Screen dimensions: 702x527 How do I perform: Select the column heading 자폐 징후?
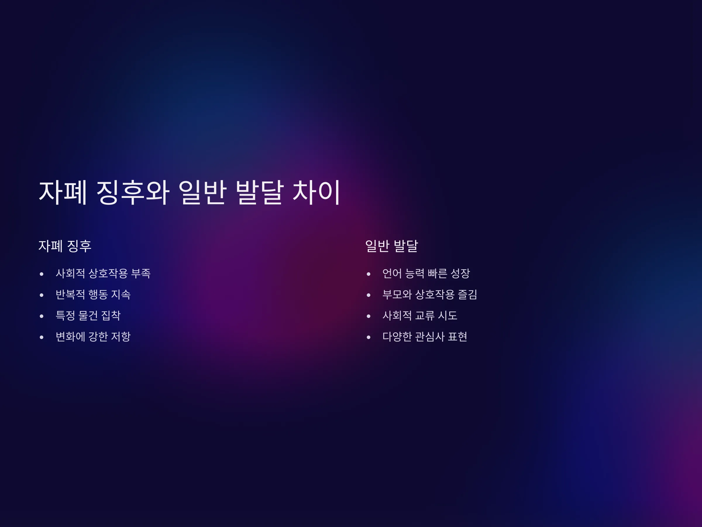pyautogui.click(x=65, y=246)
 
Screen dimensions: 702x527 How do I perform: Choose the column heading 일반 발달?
pyautogui.click(x=392, y=246)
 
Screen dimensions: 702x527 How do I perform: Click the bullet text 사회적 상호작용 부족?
pyautogui.click(x=103, y=273)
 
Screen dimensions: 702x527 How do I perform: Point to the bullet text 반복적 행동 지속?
pyautogui.click(x=93, y=295)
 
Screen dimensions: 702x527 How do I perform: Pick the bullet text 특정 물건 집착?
pyautogui.click(x=88, y=315)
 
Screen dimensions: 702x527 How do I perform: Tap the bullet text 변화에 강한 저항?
pyautogui.click(x=93, y=337)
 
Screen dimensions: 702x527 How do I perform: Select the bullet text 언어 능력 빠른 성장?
pyautogui.click(x=426, y=273)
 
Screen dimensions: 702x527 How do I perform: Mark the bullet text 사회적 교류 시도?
pyautogui.click(x=420, y=315)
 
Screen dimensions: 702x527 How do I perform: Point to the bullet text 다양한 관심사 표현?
pyautogui.click(x=425, y=337)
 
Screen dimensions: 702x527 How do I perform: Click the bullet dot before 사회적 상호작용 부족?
pyautogui.click(x=42, y=274)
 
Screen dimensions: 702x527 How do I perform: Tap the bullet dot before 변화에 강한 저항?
pyautogui.click(x=42, y=337)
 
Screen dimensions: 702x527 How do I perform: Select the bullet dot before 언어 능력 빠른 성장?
pyautogui.click(x=369, y=274)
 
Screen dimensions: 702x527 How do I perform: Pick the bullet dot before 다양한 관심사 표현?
pyautogui.click(x=369, y=337)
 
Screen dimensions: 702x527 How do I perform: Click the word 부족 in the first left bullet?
pyautogui.click(x=141, y=273)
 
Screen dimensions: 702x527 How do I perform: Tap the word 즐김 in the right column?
pyautogui.click(x=467, y=295)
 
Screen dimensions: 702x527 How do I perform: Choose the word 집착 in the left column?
pyautogui.click(x=111, y=315)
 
